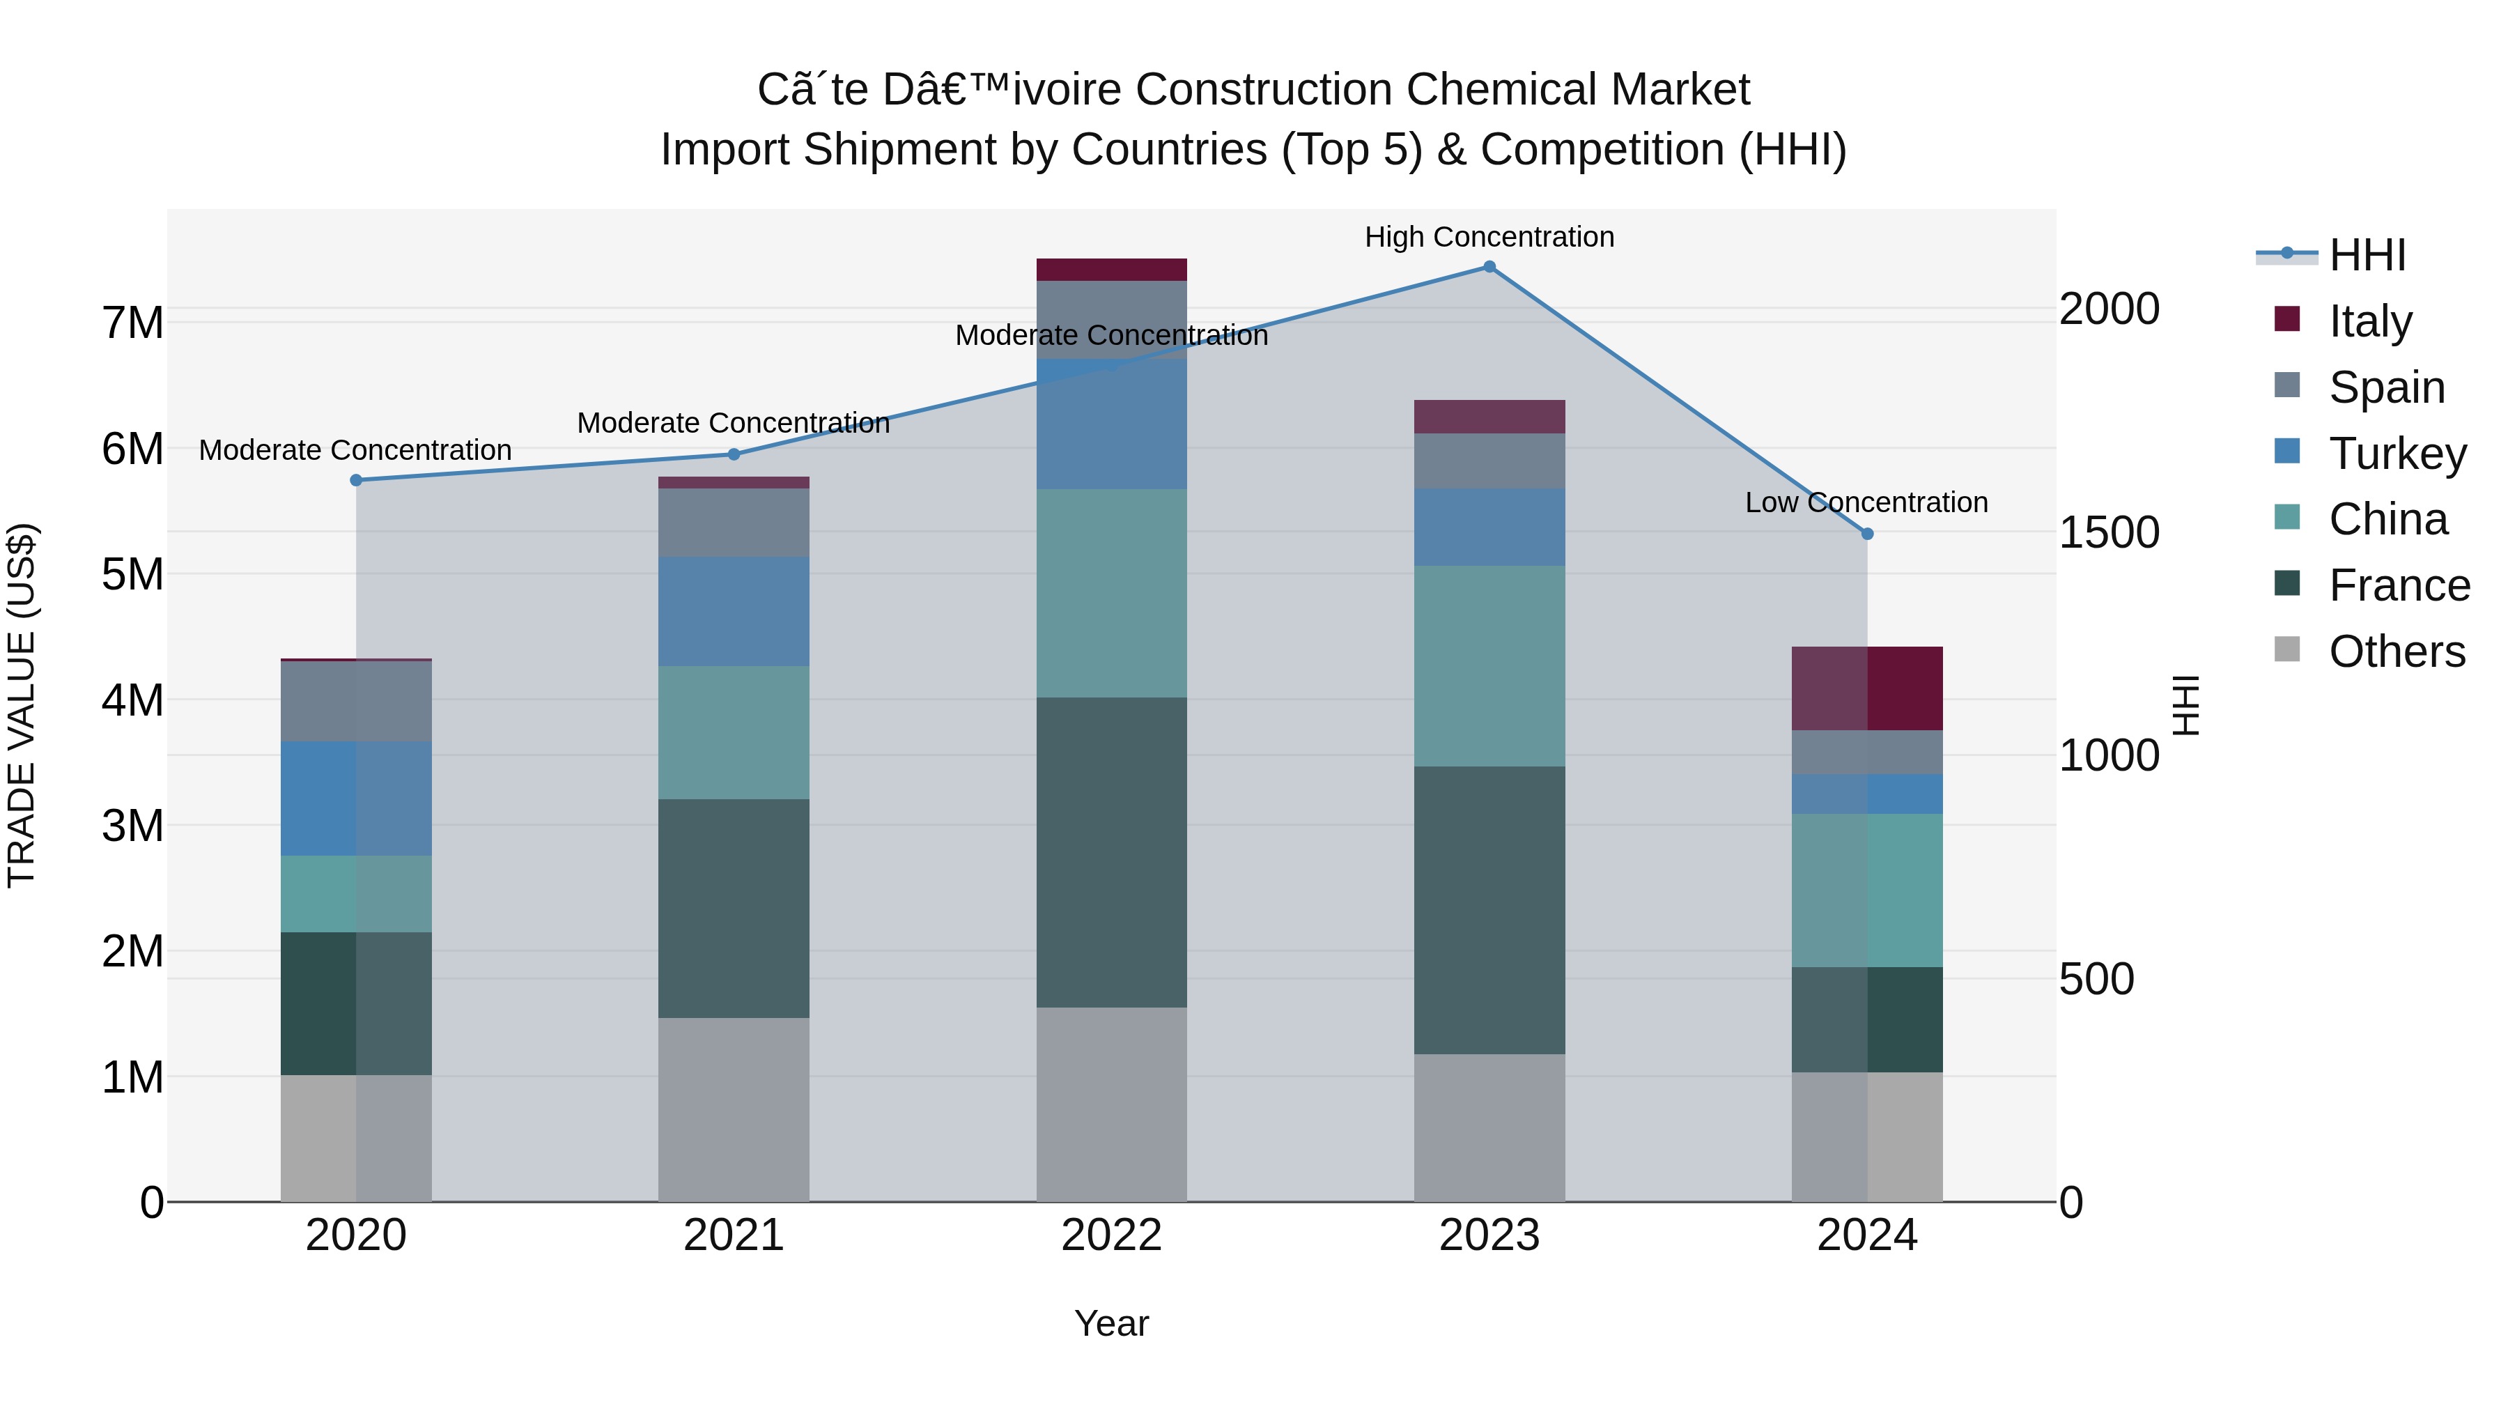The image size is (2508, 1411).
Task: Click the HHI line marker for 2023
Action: (x=1489, y=267)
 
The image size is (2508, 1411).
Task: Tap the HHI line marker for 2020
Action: (x=356, y=480)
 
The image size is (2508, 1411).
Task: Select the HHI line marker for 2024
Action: (x=1866, y=534)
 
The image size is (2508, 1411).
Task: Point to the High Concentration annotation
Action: (x=1489, y=238)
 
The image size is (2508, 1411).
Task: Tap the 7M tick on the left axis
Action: (x=133, y=323)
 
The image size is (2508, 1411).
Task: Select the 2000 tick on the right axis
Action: (x=2109, y=309)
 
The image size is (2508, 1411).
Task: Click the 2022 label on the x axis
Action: (x=1111, y=1235)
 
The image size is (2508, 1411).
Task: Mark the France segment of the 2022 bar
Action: (x=1111, y=852)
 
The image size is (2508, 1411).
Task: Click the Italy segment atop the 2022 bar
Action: (x=1111, y=270)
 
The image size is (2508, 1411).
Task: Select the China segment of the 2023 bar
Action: (x=1489, y=666)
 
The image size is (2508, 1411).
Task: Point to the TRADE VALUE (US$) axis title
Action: (x=22, y=705)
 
